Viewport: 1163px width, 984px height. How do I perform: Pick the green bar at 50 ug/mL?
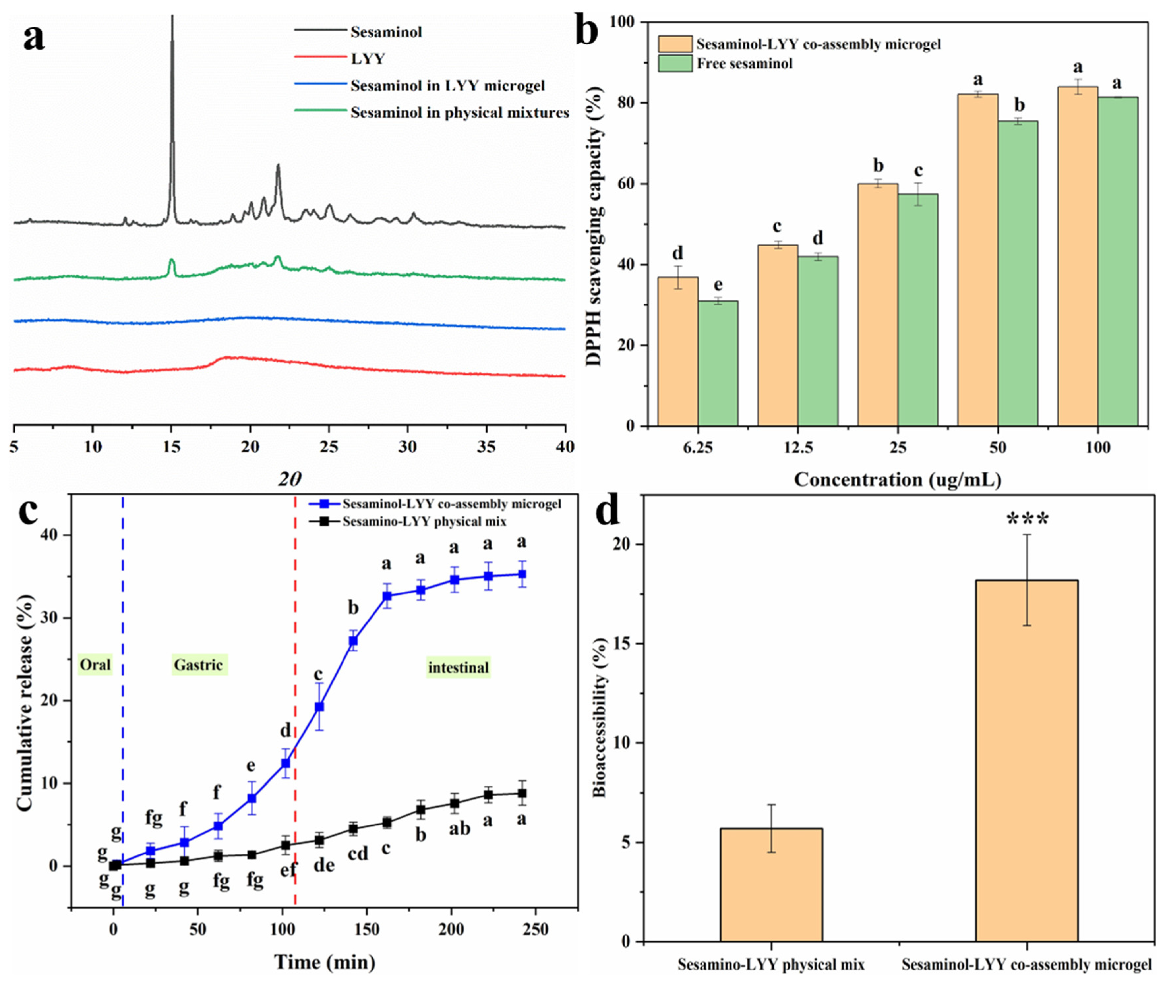(x=1017, y=273)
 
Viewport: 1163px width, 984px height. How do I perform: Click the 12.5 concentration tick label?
(x=798, y=448)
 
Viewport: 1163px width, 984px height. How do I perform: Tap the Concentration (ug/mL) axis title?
(x=897, y=479)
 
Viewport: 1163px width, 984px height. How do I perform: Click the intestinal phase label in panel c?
(x=458, y=667)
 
